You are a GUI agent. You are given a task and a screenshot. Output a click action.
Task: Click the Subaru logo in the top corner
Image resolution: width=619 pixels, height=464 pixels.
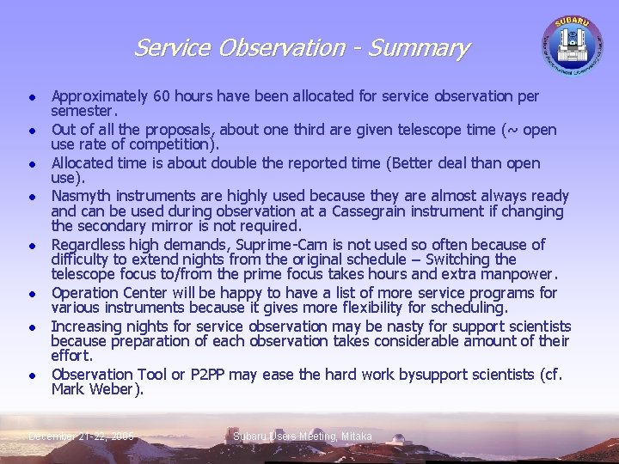(x=571, y=43)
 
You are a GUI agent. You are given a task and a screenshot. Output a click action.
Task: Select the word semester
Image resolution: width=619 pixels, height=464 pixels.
(x=84, y=112)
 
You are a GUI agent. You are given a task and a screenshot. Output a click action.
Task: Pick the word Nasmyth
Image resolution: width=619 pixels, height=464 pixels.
(x=83, y=196)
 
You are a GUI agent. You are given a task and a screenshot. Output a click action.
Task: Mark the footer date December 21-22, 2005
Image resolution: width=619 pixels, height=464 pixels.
(x=82, y=437)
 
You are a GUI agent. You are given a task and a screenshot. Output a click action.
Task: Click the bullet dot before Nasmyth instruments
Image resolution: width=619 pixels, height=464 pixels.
(x=30, y=197)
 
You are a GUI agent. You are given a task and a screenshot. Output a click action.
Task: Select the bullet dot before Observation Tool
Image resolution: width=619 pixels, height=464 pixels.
(x=30, y=375)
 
